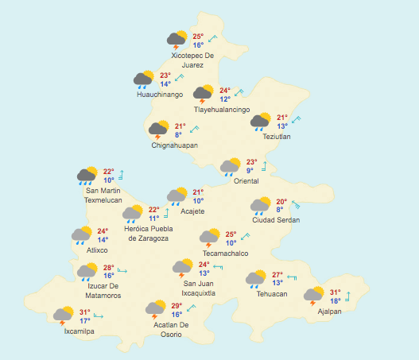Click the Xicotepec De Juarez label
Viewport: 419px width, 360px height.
192,60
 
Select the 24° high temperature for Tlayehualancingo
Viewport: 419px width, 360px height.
225,91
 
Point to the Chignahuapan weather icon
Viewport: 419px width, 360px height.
158,129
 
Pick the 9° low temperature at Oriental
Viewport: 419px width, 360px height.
250,170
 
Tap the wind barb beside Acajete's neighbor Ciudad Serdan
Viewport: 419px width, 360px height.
296,204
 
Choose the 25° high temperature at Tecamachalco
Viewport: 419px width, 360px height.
231,234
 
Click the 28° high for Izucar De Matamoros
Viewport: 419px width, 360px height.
108,268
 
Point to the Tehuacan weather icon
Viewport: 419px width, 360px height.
256,278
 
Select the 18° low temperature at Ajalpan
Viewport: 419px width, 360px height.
336,301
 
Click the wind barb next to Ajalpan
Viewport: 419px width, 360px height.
347,296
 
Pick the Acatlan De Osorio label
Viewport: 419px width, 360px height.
170,329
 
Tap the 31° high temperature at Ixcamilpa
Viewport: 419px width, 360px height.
85,312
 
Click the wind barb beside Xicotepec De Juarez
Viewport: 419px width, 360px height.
213,37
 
